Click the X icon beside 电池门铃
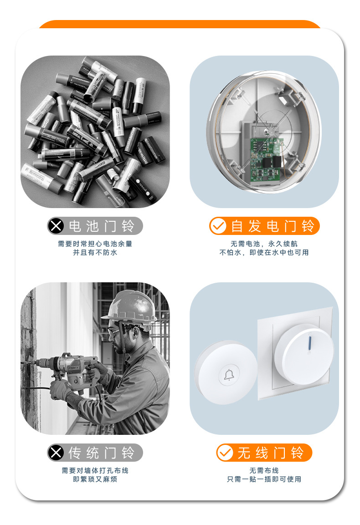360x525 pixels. pos(56,226)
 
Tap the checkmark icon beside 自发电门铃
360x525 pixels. pos(218,226)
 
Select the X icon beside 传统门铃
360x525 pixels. pos(56,453)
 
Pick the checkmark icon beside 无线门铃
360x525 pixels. pos(225,453)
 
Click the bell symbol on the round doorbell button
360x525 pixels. pos(228,375)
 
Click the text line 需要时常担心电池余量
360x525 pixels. pos(95,244)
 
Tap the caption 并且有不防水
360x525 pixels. pos(95,252)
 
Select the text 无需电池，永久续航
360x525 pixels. pos(264,244)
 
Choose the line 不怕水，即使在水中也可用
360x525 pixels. pos(264,252)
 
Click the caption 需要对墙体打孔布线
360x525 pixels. pos(95,470)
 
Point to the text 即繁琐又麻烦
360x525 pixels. pos(95,479)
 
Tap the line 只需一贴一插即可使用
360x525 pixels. pos(264,479)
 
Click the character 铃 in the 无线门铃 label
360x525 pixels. pos(297,453)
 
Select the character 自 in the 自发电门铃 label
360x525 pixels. pos(237,226)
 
